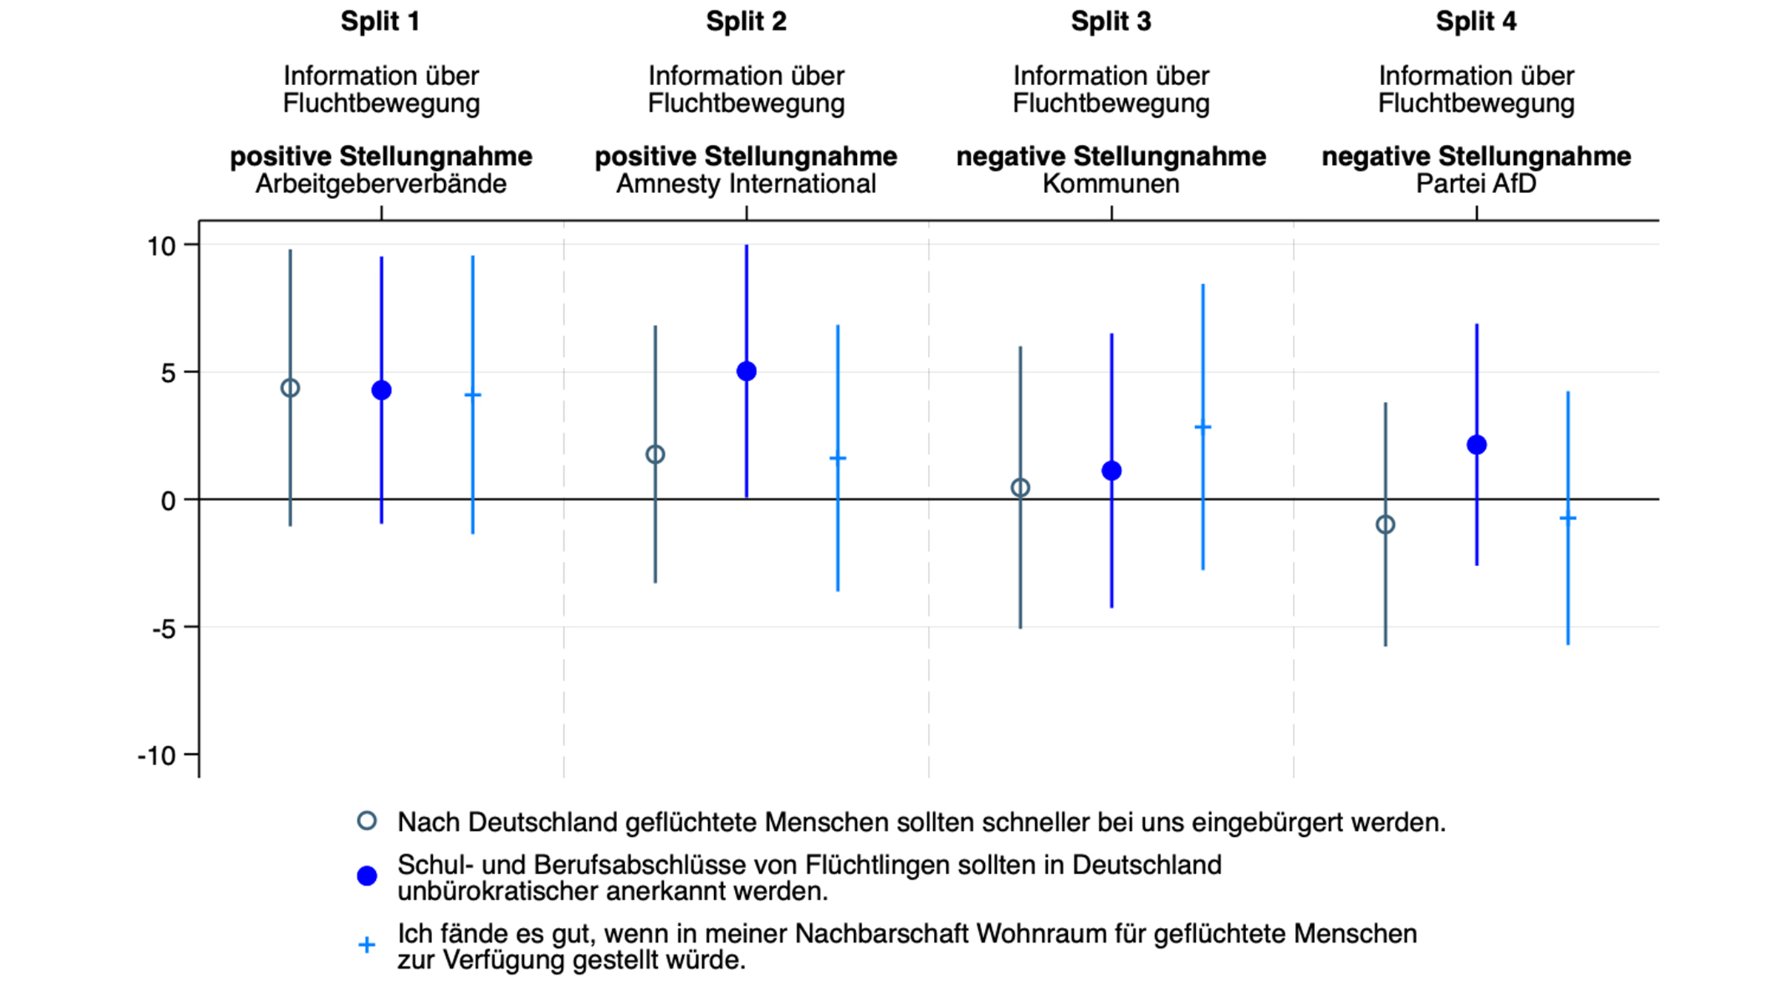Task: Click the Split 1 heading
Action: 380,21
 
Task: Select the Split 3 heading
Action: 1111,21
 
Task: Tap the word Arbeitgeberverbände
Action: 381,184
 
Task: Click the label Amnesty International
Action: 746,184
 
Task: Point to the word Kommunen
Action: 1111,184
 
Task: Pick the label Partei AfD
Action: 1476,184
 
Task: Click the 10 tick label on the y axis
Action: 161,246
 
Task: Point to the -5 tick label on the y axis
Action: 164,629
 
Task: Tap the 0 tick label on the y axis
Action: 169,501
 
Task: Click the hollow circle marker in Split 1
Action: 290,388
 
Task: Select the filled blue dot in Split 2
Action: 747,371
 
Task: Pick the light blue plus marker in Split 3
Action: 1202,427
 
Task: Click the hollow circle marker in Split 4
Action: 1385,525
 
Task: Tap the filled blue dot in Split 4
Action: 1476,445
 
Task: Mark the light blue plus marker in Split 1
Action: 473,395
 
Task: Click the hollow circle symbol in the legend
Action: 367,821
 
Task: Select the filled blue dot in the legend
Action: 367,876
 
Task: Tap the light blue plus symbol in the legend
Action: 367,945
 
